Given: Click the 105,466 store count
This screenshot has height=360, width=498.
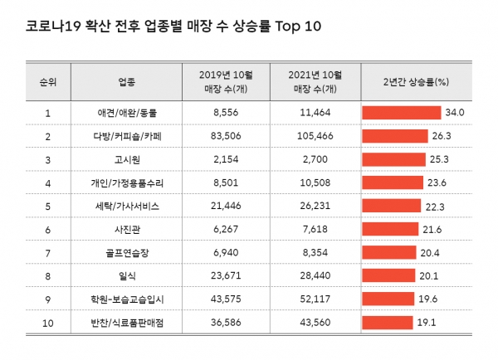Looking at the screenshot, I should point(313,134).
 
